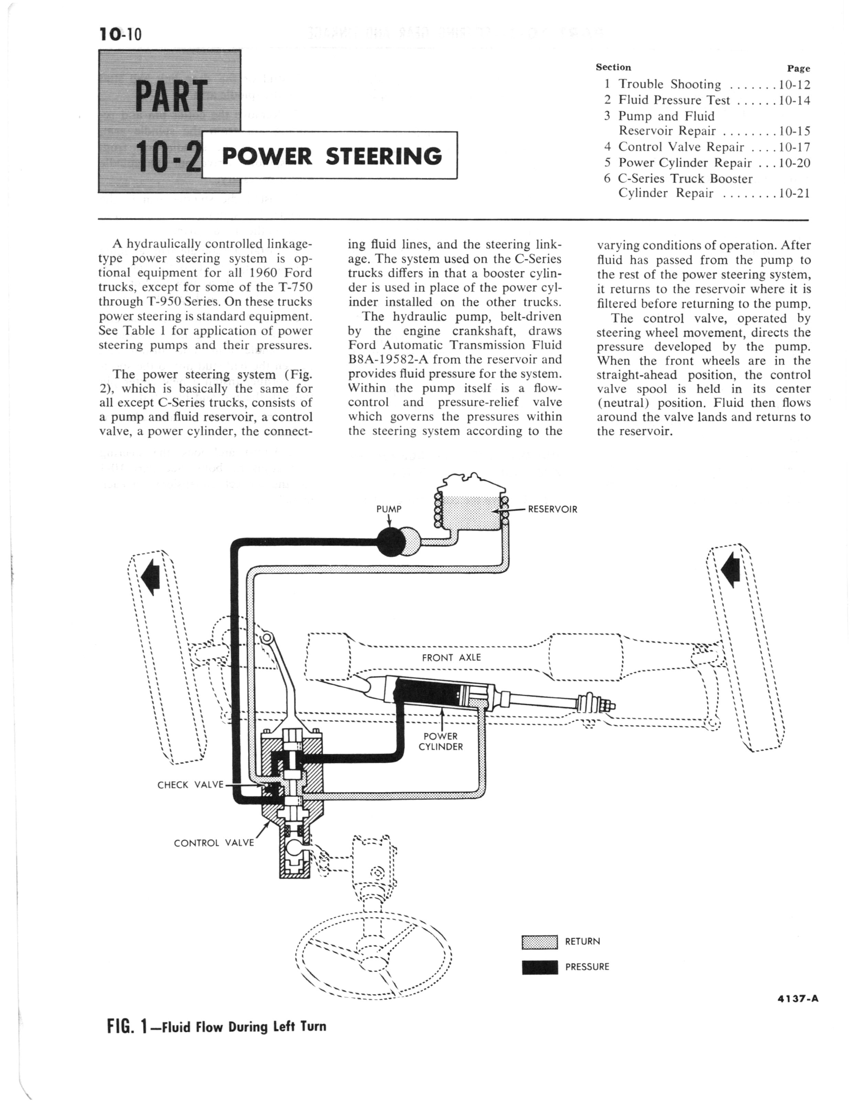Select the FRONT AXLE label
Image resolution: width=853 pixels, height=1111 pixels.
click(x=451, y=658)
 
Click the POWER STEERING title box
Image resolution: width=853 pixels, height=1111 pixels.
click(x=330, y=156)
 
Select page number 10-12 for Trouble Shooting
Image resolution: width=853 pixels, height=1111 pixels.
click(x=794, y=85)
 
